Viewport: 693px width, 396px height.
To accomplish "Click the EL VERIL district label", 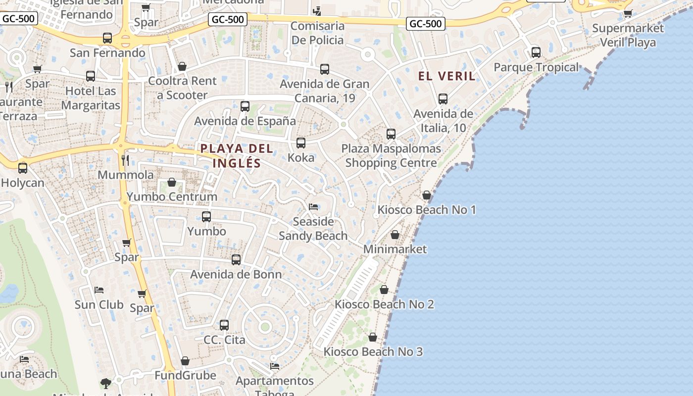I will click(x=446, y=76).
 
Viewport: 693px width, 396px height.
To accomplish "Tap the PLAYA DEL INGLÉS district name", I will click(x=237, y=155).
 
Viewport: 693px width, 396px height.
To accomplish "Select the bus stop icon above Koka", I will click(x=300, y=143).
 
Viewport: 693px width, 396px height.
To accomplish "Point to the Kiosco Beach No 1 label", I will click(x=427, y=210).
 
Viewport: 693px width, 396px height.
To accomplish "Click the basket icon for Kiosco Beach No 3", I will click(x=373, y=337).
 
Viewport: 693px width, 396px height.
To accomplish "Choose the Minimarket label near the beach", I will click(x=395, y=249).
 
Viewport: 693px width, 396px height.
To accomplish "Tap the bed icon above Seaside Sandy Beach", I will click(x=313, y=206).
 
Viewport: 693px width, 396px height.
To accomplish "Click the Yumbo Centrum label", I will click(x=172, y=197).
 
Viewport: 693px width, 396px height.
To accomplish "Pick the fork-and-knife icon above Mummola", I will click(x=125, y=160).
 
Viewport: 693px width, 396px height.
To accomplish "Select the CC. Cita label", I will click(x=224, y=340).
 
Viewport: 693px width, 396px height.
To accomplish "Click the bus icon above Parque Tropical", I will click(x=536, y=52).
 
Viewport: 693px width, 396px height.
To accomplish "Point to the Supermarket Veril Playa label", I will click(x=628, y=35).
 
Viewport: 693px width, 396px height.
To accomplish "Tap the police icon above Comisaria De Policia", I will click(x=317, y=11).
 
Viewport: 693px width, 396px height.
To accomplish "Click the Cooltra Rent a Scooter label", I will click(x=182, y=88).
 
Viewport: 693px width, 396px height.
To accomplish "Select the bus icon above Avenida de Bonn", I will click(x=236, y=259).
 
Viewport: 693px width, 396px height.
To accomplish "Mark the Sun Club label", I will click(x=99, y=304).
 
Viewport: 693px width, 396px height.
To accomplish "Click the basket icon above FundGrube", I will click(x=185, y=361).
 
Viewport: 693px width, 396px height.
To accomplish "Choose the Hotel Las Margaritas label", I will click(x=91, y=98).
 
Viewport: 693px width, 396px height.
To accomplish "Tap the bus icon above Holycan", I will click(x=23, y=168).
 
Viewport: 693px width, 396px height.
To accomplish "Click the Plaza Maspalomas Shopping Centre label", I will click(x=391, y=155).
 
